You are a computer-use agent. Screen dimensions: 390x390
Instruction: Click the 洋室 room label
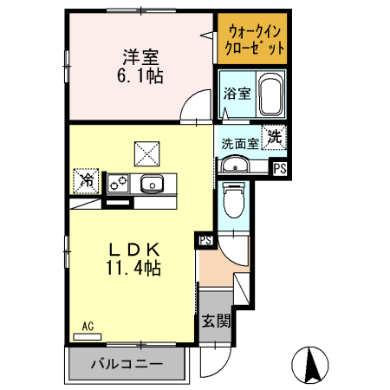[x=140, y=58]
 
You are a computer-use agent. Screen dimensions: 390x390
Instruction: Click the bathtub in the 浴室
[x=271, y=94]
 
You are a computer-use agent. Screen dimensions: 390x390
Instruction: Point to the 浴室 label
[x=237, y=94]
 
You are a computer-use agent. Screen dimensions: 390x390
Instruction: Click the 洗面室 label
[x=237, y=144]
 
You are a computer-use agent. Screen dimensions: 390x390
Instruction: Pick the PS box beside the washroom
[x=279, y=169]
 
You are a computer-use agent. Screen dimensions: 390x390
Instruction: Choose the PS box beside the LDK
[x=205, y=240]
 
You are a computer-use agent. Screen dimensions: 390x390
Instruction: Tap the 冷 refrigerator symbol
[x=87, y=181]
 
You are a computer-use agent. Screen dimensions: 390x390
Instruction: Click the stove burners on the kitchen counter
[x=119, y=183]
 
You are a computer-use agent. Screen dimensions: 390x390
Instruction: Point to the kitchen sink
[x=153, y=183]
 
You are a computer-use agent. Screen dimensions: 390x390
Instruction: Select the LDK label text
[x=133, y=250]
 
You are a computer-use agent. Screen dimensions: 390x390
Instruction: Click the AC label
[x=87, y=327]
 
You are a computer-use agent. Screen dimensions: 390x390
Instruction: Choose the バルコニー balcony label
[x=127, y=364]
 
